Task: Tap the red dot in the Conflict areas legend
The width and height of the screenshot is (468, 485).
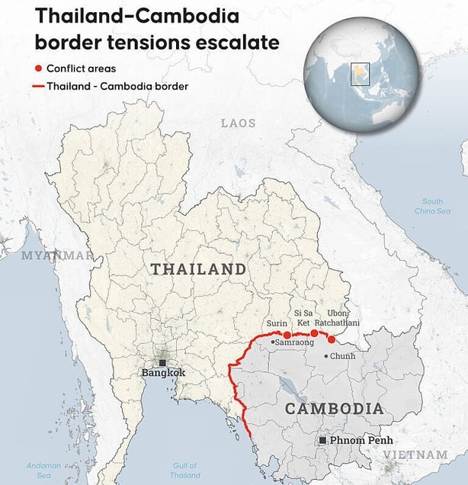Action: (x=38, y=69)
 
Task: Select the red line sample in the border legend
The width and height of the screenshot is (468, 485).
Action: (x=38, y=86)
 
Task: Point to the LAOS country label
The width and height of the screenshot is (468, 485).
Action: (x=239, y=123)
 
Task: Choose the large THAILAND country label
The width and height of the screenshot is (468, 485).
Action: (x=198, y=269)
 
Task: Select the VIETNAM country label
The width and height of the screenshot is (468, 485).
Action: (x=415, y=454)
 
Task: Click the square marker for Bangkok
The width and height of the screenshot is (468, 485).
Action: (x=162, y=363)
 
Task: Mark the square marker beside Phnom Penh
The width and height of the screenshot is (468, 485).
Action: (x=323, y=441)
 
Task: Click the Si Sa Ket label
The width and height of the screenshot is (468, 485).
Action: (x=303, y=318)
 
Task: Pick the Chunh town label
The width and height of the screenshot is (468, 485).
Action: (x=342, y=356)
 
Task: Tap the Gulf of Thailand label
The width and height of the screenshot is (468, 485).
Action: (x=185, y=470)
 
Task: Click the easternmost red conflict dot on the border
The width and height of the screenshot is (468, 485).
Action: (x=332, y=339)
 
